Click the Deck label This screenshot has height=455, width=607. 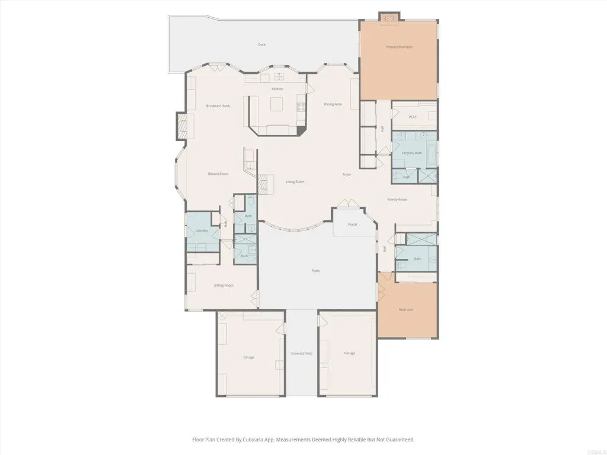pyautogui.click(x=261, y=44)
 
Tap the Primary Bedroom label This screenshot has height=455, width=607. pyautogui.click(x=399, y=47)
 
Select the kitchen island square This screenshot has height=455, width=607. pyautogui.click(x=277, y=105)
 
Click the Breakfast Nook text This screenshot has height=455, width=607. pyautogui.click(x=218, y=106)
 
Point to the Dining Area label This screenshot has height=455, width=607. pyautogui.click(x=333, y=104)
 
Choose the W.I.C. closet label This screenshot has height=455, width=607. pyautogui.click(x=413, y=117)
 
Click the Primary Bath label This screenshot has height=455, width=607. pyautogui.click(x=412, y=153)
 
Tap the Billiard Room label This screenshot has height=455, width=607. pyautogui.click(x=218, y=174)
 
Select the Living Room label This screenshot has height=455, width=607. pyautogui.click(x=295, y=182)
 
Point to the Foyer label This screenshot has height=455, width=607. pyautogui.click(x=347, y=175)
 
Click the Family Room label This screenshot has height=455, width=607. pyautogui.click(x=398, y=200)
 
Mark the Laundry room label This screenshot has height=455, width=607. pyautogui.click(x=202, y=230)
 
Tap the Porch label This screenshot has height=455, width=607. pyautogui.click(x=353, y=225)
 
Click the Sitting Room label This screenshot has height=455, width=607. pyautogui.click(x=223, y=286)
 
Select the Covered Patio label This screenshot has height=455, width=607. pyautogui.click(x=301, y=354)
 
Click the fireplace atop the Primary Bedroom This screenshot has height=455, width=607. pyautogui.click(x=389, y=18)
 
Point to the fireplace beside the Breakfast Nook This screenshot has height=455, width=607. pyautogui.click(x=183, y=126)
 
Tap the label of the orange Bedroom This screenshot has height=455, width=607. pyautogui.click(x=406, y=310)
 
